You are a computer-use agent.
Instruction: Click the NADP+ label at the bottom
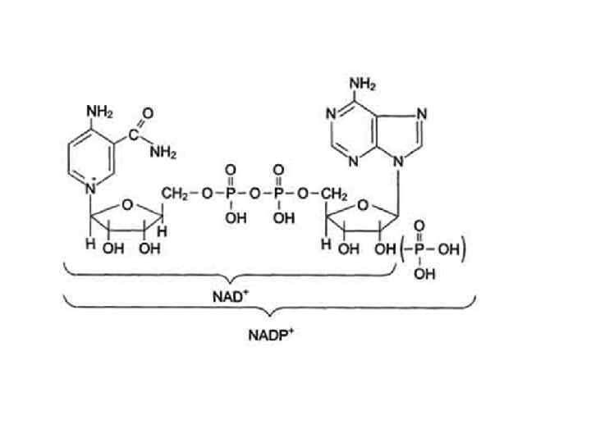tap(268, 336)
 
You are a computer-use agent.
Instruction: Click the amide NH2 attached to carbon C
tap(163, 151)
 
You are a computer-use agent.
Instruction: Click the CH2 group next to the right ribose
tap(316, 193)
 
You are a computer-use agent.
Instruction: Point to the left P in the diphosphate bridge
tap(231, 194)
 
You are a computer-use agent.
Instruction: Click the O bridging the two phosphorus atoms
tap(254, 194)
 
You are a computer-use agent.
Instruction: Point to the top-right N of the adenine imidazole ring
tap(421, 114)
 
